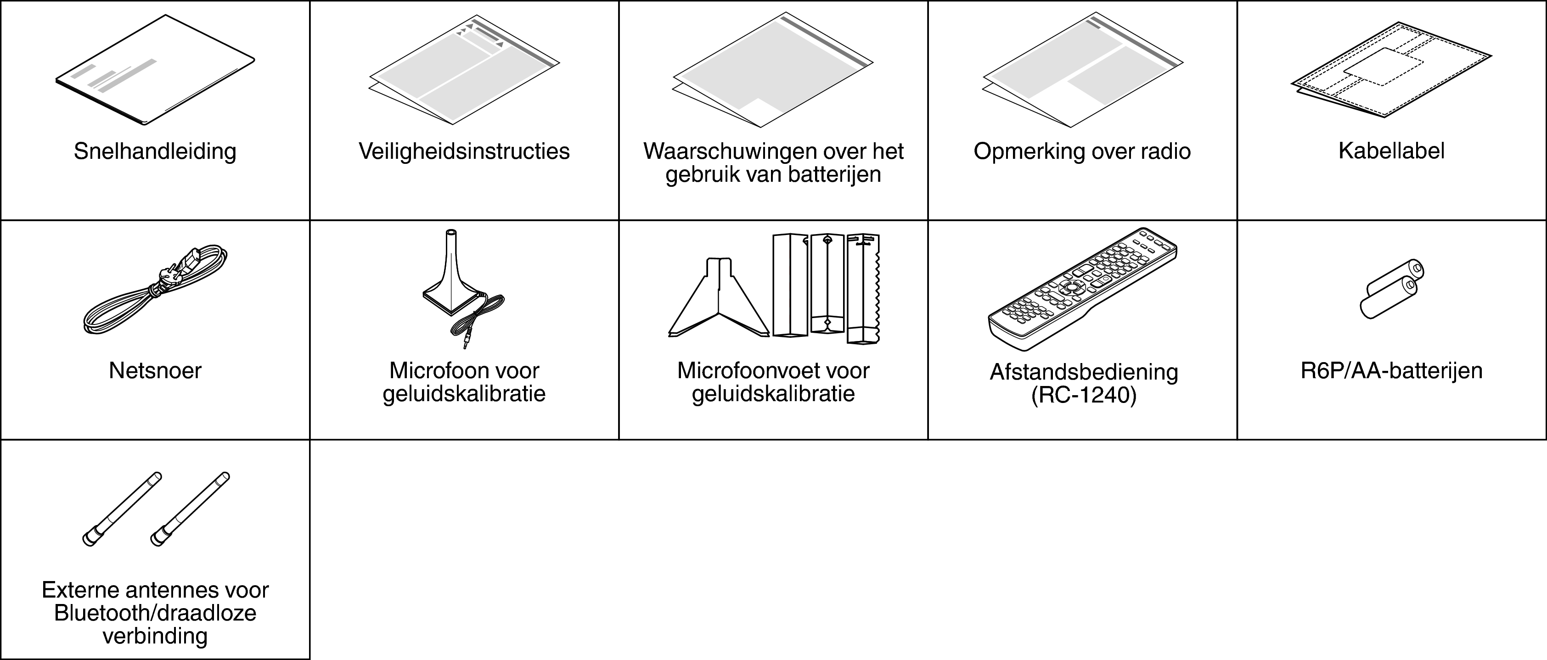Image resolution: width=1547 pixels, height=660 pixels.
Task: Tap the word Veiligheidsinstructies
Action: pos(464,151)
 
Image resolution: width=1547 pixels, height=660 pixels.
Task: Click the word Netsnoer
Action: pos(155,371)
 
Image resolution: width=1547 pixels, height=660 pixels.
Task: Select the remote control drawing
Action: pos(1083,289)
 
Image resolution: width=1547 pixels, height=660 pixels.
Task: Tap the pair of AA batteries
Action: pos(1391,289)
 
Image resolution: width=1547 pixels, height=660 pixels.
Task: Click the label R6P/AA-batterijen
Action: pos(1391,371)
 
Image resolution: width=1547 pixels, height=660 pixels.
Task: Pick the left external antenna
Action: pos(122,509)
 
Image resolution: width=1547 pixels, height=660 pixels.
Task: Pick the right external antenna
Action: pos(190,509)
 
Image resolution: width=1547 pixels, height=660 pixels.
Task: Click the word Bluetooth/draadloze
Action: pos(155,613)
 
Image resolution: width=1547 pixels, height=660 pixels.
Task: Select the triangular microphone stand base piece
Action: pos(719,297)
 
